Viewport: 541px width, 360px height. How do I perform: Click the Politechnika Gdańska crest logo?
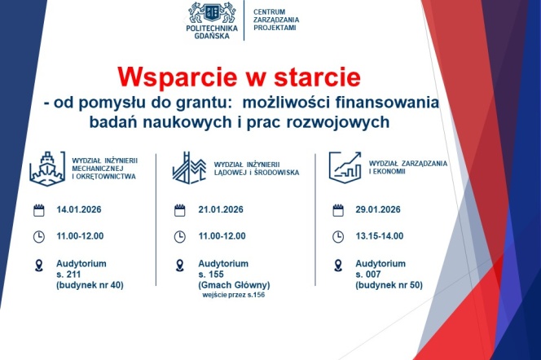[214, 11]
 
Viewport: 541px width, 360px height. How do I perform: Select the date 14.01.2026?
[81, 210]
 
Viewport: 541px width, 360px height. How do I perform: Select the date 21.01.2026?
[222, 210]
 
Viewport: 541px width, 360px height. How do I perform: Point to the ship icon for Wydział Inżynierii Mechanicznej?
[47, 166]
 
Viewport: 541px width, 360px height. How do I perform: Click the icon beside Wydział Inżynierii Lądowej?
[187, 166]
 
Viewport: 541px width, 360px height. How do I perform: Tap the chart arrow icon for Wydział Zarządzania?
[345, 166]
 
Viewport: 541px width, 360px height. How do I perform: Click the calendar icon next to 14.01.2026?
[37, 210]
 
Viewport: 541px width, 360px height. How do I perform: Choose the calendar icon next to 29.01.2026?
[337, 210]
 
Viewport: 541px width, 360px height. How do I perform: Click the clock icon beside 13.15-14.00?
[337, 237]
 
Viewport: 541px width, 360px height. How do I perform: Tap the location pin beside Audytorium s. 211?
[37, 266]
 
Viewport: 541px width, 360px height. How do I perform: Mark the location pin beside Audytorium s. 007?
[337, 266]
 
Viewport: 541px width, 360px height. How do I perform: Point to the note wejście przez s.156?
[233, 295]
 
